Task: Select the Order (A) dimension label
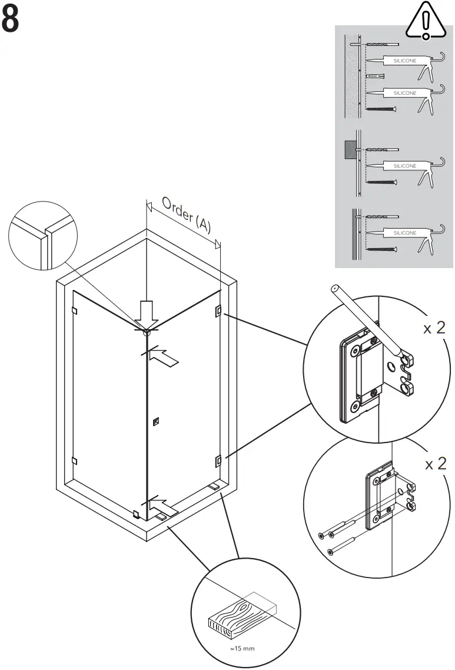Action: point(186,216)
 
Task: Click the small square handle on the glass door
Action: point(155,421)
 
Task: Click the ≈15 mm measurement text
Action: point(243,649)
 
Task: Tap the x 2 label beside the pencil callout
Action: point(434,328)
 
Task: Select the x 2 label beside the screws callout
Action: point(436,464)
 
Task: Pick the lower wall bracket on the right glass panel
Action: point(218,459)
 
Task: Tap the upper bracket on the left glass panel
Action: point(74,310)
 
